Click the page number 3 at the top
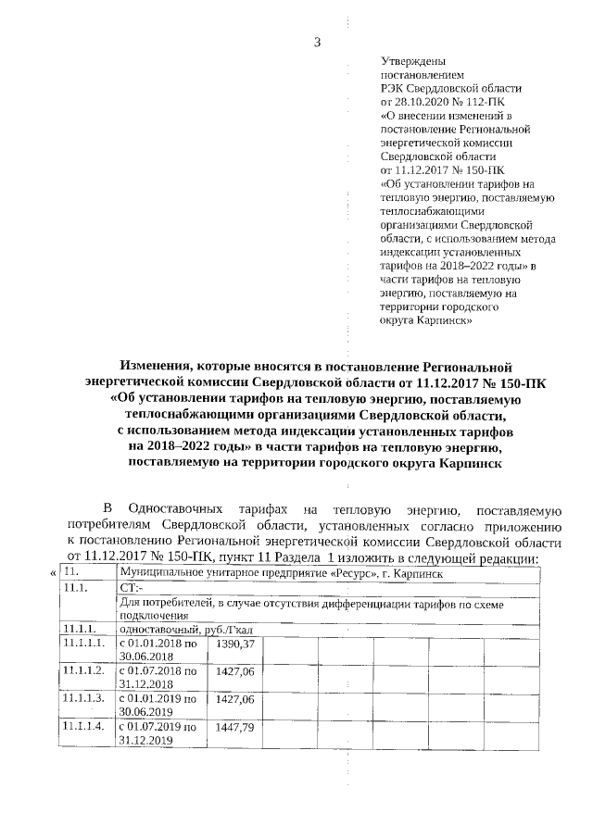pos(317,42)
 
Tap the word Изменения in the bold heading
pos(162,367)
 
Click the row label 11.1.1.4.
pos(82,729)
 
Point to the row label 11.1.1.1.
pos(82,643)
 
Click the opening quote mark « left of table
pos(52,574)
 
